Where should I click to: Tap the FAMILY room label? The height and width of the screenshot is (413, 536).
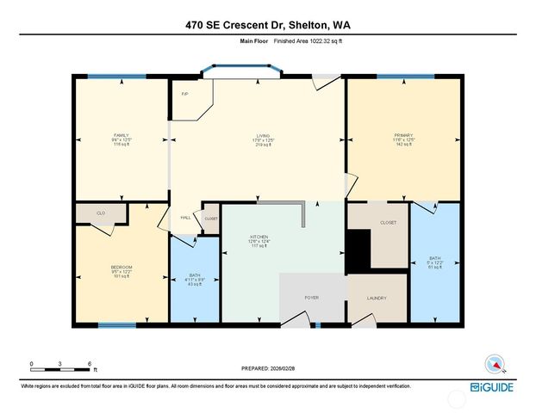(122, 136)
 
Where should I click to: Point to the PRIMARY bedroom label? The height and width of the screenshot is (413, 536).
(403, 136)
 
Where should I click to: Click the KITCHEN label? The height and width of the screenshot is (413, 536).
(259, 237)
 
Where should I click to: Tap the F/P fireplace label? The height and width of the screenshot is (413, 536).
(184, 94)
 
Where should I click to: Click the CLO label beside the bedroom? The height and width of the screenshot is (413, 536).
(101, 212)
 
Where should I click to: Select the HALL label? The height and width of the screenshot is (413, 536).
(184, 218)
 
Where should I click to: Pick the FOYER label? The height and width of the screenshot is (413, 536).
(312, 298)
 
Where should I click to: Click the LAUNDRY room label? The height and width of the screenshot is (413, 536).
(376, 299)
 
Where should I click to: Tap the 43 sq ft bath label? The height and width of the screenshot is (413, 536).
(195, 280)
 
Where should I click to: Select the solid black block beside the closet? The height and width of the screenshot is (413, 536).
(358, 249)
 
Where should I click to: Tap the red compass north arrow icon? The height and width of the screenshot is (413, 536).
(494, 362)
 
